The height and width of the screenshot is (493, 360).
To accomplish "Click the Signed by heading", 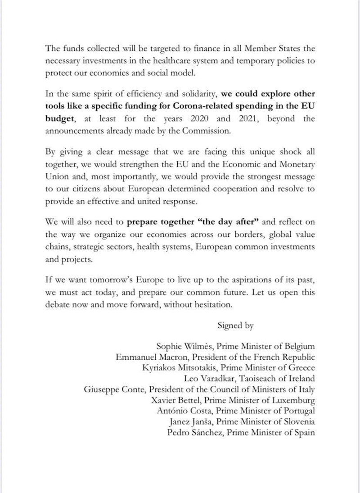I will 235,325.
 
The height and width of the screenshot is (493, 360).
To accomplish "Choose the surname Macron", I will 171,357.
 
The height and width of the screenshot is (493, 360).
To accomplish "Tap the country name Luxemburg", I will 294,400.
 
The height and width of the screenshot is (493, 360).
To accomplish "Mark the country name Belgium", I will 297,346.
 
